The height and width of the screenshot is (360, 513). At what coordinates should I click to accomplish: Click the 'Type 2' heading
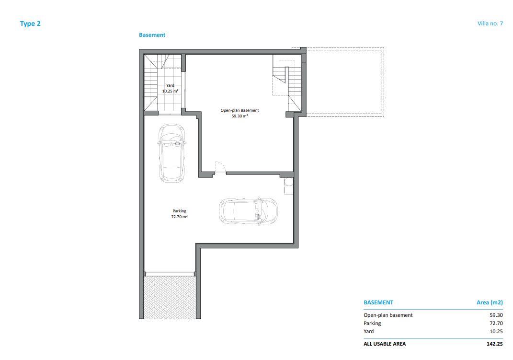[x=30, y=23]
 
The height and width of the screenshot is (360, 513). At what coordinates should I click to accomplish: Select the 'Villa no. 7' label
[x=490, y=23]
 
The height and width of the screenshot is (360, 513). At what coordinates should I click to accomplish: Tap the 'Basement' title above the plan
[x=152, y=35]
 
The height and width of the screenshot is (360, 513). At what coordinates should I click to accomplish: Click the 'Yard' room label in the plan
[x=170, y=85]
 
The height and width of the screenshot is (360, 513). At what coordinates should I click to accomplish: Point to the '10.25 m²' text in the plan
[x=170, y=91]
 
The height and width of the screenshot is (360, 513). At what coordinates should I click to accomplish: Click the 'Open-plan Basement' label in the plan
[x=239, y=111]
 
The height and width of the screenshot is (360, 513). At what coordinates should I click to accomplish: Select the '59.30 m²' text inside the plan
[x=240, y=116]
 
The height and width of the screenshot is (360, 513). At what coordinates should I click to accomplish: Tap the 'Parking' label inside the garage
[x=179, y=211]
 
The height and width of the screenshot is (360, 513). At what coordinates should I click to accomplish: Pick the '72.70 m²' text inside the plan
[x=179, y=217]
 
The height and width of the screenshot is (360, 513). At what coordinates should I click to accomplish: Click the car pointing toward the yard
[x=172, y=153]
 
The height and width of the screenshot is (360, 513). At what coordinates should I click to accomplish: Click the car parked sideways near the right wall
[x=248, y=210]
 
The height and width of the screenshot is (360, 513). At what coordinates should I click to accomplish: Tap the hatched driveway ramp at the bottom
[x=170, y=297]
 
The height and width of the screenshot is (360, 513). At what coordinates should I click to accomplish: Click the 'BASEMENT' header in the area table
[x=378, y=302]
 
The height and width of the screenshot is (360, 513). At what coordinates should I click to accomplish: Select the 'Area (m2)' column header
[x=490, y=302]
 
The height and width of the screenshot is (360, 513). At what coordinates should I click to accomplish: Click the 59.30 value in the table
[x=496, y=315]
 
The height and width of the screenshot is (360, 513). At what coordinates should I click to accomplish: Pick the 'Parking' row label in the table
[x=372, y=323]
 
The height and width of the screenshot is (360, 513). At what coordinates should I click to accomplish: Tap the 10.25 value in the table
[x=496, y=331]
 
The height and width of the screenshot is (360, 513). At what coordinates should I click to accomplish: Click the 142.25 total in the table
[x=495, y=344]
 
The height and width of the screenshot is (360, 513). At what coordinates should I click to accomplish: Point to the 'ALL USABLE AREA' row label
[x=385, y=344]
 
